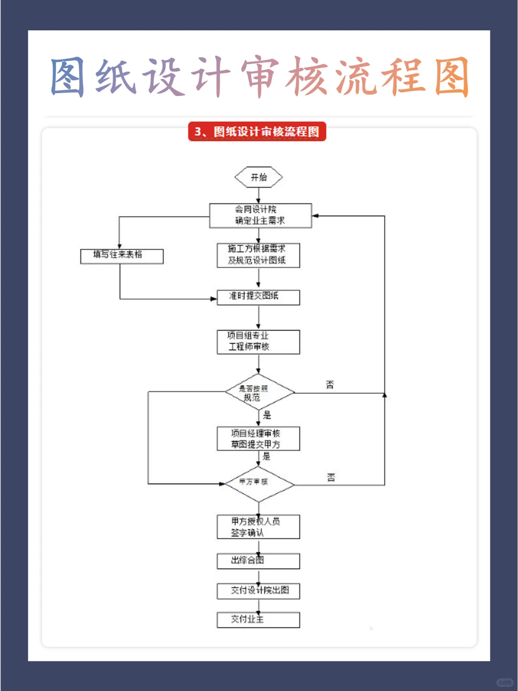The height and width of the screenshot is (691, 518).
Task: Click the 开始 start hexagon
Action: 259,177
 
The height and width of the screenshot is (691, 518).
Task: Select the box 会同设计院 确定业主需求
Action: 260,215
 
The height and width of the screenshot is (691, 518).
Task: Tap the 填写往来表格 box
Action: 122,256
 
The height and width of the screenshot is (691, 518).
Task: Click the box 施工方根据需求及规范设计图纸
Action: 258,255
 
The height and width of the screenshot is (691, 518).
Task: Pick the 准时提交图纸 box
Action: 258,297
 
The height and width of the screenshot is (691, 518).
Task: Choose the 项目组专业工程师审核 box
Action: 258,342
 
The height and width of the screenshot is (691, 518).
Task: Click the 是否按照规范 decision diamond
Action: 259,392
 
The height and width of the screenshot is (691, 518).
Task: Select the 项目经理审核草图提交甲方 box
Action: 258,439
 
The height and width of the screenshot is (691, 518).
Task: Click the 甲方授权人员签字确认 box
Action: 258,527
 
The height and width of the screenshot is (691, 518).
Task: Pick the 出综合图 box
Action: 258,561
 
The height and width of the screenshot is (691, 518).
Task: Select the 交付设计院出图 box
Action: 258,591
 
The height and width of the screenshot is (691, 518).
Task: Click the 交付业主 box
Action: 258,620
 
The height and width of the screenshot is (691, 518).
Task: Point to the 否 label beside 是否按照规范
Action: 330,384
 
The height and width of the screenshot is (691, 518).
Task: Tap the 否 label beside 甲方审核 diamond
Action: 331,477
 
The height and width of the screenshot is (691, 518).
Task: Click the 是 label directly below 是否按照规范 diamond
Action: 267,415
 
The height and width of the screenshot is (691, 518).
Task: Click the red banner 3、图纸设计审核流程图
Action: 257,131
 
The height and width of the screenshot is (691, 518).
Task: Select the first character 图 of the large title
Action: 68,77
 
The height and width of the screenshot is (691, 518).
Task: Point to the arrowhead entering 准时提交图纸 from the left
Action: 214,299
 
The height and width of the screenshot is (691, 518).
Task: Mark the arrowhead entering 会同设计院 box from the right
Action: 316,216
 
